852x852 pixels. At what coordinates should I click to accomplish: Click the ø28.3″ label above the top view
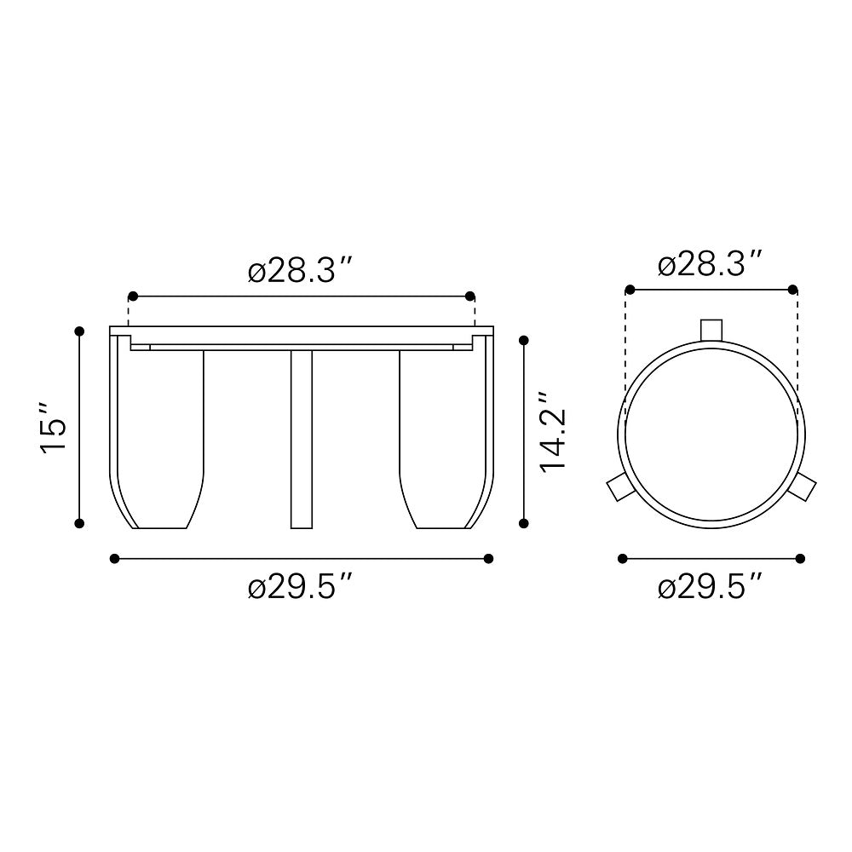[x=711, y=264]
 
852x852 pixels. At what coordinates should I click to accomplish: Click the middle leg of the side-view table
[x=302, y=439]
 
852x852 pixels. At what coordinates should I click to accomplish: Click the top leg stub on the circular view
[x=711, y=329]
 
